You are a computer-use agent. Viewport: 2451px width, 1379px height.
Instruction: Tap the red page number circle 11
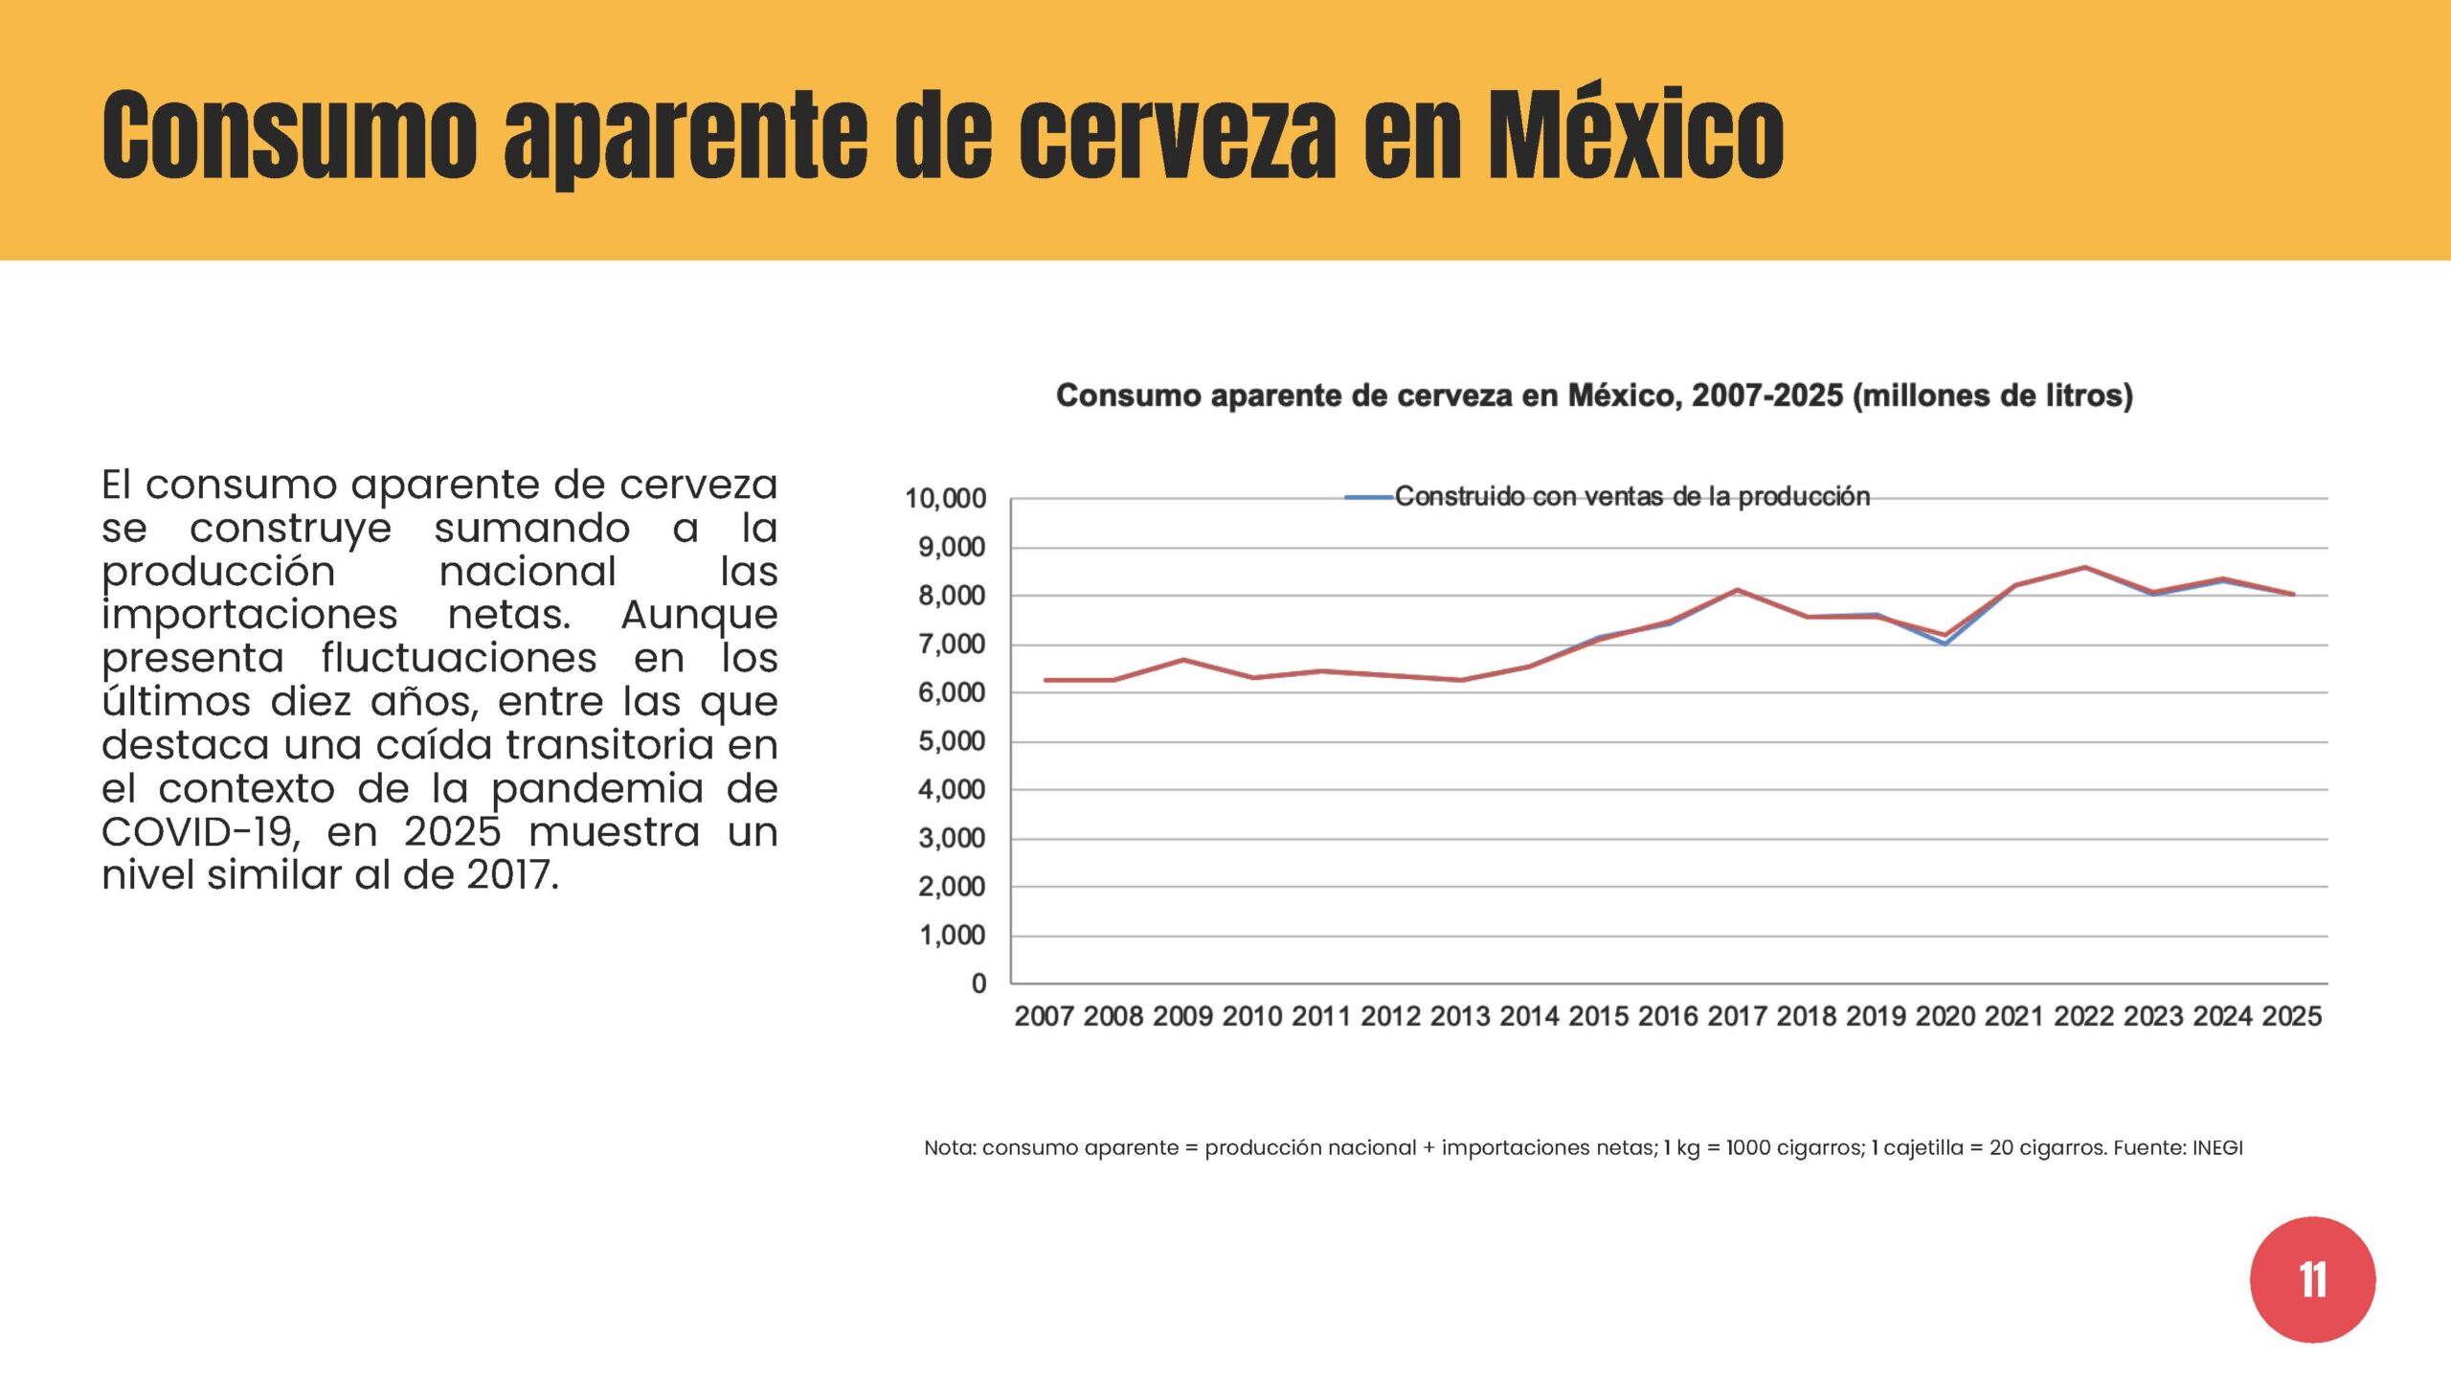click(2312, 1279)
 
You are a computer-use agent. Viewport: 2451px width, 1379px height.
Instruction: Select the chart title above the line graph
click(1594, 396)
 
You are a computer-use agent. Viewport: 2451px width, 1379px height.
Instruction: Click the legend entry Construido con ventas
click(1608, 496)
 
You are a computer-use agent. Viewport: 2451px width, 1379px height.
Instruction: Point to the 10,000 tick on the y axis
click(945, 499)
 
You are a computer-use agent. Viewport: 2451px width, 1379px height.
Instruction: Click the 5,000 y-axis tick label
click(952, 741)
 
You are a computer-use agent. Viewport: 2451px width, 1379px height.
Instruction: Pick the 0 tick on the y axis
click(978, 983)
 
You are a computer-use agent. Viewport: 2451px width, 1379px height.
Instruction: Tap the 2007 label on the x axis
click(1044, 1016)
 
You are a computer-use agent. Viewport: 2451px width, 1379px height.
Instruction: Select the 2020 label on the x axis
click(1945, 1016)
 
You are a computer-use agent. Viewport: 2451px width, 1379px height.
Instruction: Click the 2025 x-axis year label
click(2291, 1016)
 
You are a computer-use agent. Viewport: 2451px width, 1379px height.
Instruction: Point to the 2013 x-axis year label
click(1460, 1016)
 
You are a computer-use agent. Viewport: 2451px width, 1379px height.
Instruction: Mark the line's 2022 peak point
click(2084, 567)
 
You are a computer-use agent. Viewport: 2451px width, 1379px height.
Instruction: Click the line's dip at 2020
click(1945, 641)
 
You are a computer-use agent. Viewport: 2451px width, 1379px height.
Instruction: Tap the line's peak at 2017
click(1737, 590)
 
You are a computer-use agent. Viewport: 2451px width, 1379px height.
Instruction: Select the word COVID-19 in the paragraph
click(201, 831)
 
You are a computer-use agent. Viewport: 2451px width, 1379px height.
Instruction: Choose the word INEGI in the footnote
click(2217, 1147)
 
